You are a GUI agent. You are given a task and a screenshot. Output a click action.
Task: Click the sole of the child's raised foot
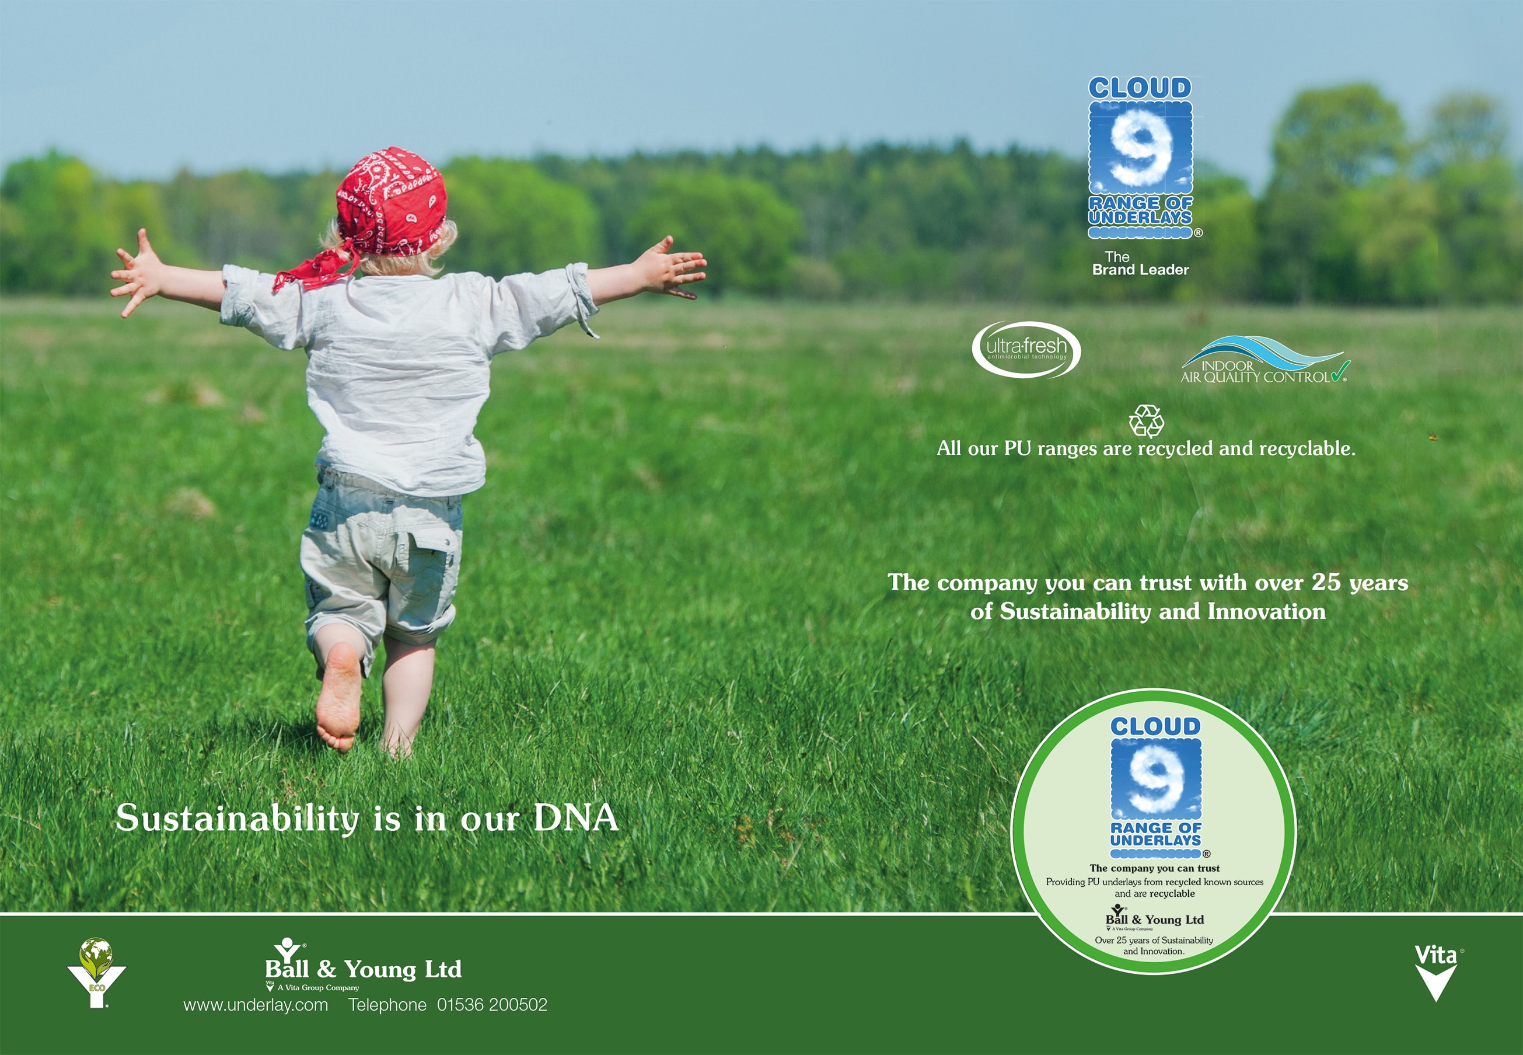click(338, 697)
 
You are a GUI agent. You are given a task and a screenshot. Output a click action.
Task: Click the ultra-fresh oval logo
click(1026, 350)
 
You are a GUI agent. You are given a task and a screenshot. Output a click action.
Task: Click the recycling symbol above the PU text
click(1147, 421)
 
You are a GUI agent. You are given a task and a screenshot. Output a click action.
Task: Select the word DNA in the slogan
click(575, 818)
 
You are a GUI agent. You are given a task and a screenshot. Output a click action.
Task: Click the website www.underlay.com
click(256, 1005)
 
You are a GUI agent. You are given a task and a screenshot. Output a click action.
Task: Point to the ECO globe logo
click(96, 972)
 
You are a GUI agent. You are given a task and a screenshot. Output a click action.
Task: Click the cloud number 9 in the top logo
click(1140, 147)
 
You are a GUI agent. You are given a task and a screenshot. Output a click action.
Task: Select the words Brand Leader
click(1140, 270)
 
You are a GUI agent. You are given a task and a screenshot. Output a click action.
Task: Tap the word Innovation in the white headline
click(1267, 611)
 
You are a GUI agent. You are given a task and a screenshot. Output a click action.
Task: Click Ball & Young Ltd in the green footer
click(364, 970)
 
